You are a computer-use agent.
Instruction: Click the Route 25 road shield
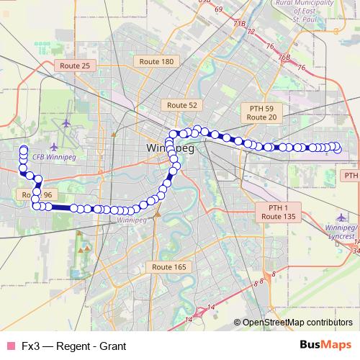[x=75, y=66]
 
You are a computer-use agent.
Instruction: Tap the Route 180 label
[x=158, y=62]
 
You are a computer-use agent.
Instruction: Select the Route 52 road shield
[x=182, y=105]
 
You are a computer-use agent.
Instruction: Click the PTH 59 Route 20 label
[x=261, y=112]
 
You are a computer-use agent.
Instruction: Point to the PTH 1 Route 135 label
[x=279, y=212]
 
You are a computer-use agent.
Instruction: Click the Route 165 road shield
[x=169, y=267]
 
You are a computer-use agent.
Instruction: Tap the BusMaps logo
[x=326, y=345]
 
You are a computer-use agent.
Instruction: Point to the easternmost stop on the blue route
[x=337, y=149]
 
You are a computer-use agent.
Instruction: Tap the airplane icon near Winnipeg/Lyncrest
[x=341, y=217]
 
